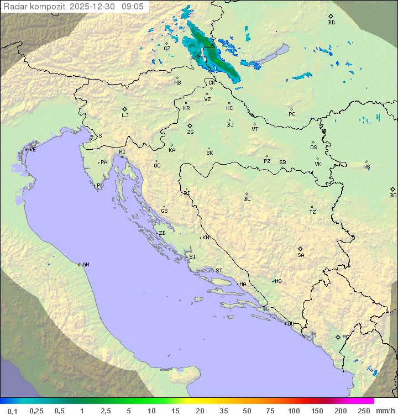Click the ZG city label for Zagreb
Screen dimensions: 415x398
[190, 133]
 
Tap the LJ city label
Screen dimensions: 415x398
[125, 115]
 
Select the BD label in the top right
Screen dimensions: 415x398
[331, 23]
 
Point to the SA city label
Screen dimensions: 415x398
[301, 255]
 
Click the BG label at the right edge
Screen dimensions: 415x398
[393, 196]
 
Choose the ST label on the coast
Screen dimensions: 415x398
[219, 271]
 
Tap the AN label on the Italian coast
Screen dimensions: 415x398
[86, 265]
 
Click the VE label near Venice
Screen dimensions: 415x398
[33, 150]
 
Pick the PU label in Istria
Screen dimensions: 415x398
[100, 186]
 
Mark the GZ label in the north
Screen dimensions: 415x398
[167, 49]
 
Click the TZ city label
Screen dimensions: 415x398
[312, 212]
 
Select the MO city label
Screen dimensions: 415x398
[278, 281]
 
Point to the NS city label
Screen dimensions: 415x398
[366, 167]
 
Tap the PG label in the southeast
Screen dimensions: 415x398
[345, 337]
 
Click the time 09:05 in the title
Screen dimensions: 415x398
[133, 7]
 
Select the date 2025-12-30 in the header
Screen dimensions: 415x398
[94, 7]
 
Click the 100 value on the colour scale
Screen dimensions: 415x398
[294, 411]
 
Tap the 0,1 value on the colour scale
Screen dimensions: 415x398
[13, 411]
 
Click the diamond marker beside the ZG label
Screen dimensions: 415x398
[190, 126]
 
